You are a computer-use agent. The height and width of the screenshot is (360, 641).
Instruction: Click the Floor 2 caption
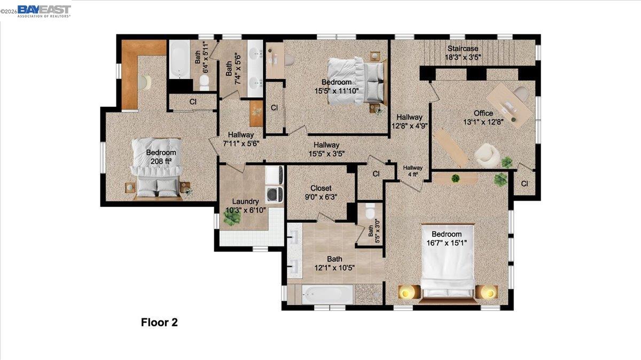click(x=159, y=322)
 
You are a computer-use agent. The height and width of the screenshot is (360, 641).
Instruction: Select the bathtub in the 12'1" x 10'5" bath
click(x=327, y=294)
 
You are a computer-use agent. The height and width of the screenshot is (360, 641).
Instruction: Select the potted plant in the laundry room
click(x=231, y=217)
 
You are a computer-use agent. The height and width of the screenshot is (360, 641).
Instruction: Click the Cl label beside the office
click(x=524, y=183)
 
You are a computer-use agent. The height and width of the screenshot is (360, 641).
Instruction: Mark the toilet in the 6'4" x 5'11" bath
click(x=203, y=82)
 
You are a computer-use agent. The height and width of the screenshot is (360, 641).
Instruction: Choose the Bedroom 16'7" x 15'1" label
click(x=446, y=238)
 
